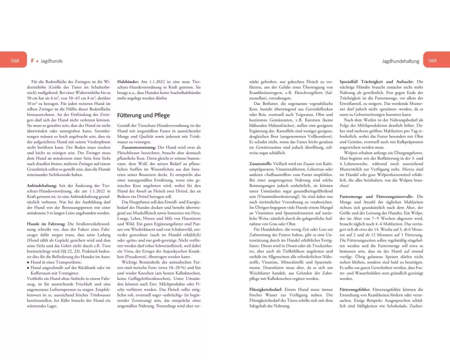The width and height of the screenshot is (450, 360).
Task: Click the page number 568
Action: point(15,60)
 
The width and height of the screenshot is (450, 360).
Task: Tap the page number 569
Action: point(432,60)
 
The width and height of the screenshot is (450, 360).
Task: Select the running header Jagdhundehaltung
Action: point(400,60)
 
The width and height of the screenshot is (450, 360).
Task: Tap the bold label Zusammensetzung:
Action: point(136,148)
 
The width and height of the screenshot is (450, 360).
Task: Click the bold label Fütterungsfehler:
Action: point(357,290)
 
